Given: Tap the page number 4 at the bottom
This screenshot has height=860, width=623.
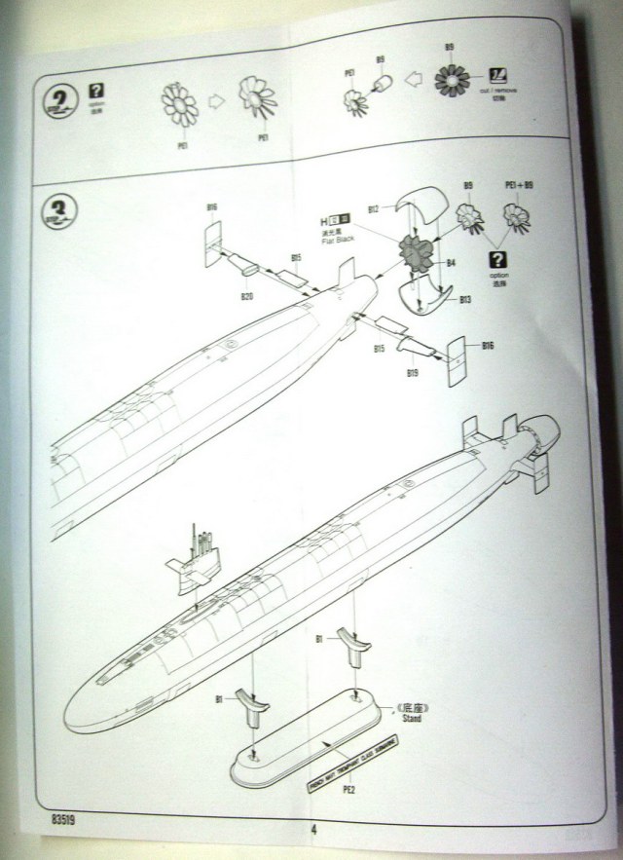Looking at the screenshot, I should click(x=314, y=831).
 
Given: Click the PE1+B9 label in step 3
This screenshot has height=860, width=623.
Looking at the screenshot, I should click(x=519, y=185).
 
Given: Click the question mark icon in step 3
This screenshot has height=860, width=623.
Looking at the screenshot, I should click(x=499, y=259).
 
